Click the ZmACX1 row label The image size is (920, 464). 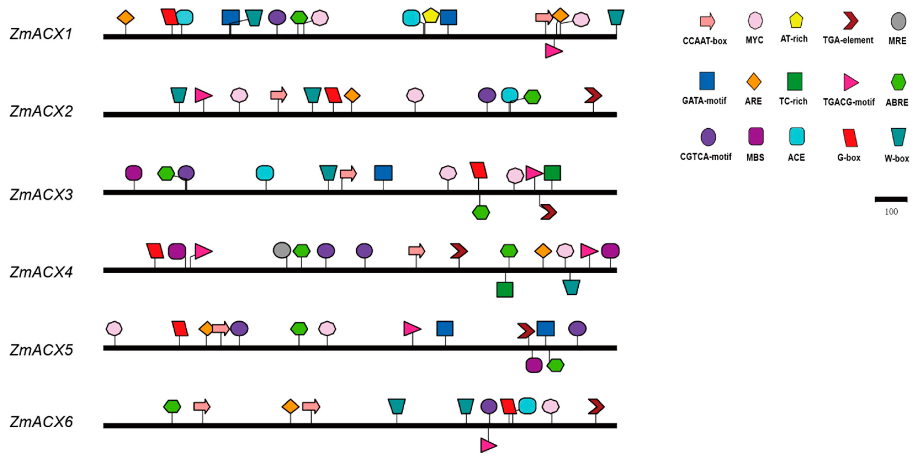41,34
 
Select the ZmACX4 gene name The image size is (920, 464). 41,272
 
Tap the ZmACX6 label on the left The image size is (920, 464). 41,422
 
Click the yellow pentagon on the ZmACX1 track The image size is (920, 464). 430,16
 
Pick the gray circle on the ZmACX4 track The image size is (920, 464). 282,250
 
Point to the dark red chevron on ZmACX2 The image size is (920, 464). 593,95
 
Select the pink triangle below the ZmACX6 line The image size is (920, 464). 488,445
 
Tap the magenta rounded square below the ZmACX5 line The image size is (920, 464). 534,365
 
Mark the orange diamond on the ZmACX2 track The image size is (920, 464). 352,95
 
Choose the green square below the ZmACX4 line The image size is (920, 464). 505,289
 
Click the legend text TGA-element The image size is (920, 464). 848,40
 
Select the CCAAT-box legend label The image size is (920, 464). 705,41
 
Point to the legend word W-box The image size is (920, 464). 897,158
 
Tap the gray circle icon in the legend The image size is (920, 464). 898,21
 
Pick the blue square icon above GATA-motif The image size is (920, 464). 707,81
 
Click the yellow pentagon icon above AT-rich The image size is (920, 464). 796,20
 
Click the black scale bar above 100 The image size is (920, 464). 891,199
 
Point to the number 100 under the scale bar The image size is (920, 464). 891,212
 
